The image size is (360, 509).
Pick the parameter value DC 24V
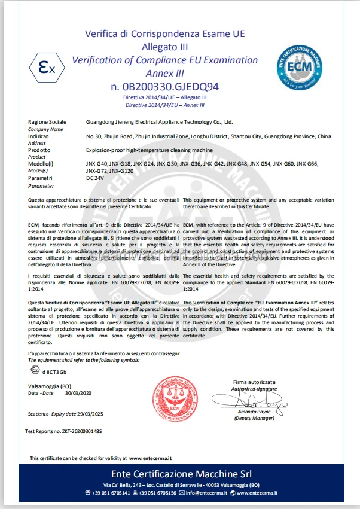(97, 178)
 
